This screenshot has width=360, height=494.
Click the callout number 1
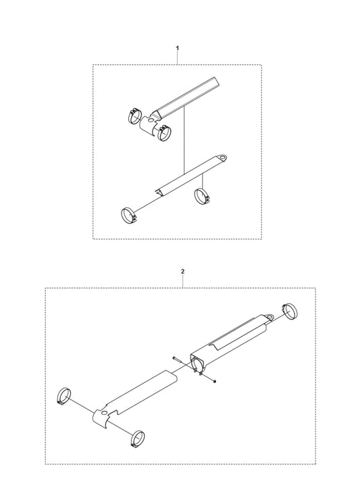pyautogui.click(x=178, y=48)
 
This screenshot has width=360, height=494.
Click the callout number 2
pyautogui.click(x=183, y=271)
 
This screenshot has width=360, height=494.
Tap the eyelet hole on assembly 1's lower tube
pyautogui.click(x=223, y=157)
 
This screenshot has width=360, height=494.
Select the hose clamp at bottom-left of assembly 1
pyautogui.click(x=128, y=216)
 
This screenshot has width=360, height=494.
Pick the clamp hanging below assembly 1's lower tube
pyautogui.click(x=202, y=196)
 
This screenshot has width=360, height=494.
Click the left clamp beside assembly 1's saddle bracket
pyautogui.click(x=134, y=116)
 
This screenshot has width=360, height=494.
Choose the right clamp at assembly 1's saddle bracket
pyautogui.click(x=163, y=133)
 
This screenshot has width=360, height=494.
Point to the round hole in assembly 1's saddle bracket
pyautogui.click(x=152, y=120)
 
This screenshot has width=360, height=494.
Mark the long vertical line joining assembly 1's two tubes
pyautogui.click(x=184, y=140)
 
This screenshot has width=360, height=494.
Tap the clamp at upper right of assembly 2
pyautogui.click(x=290, y=311)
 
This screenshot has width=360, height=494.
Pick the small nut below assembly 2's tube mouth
pyautogui.click(x=215, y=382)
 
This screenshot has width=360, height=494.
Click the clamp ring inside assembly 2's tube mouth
pyautogui.click(x=199, y=367)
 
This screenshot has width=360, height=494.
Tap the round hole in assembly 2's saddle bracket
pyautogui.click(x=105, y=412)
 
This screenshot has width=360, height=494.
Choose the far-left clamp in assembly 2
pyautogui.click(x=64, y=396)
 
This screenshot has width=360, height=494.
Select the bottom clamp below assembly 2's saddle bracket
pyautogui.click(x=138, y=438)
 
